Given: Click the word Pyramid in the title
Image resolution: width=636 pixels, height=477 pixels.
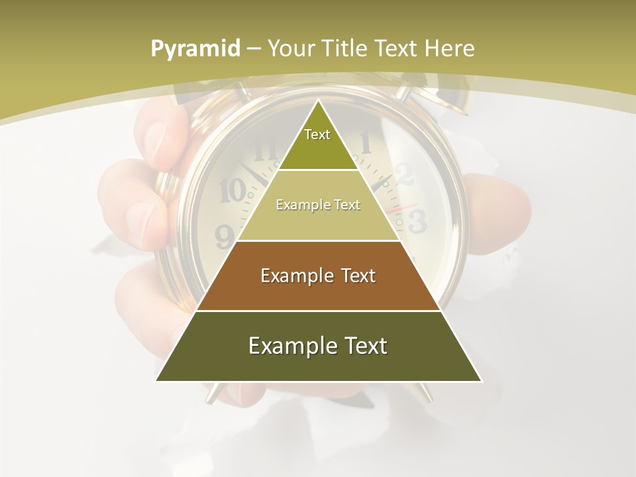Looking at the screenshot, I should click(x=195, y=49).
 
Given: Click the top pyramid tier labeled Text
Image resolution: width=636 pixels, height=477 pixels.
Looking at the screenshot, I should click(x=317, y=142).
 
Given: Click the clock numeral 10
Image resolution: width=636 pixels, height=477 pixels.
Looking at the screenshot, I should click(x=232, y=191).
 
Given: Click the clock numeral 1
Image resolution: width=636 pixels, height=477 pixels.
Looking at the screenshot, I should click(x=365, y=140).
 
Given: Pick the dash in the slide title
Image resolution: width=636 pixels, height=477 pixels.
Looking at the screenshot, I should click(x=254, y=49).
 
